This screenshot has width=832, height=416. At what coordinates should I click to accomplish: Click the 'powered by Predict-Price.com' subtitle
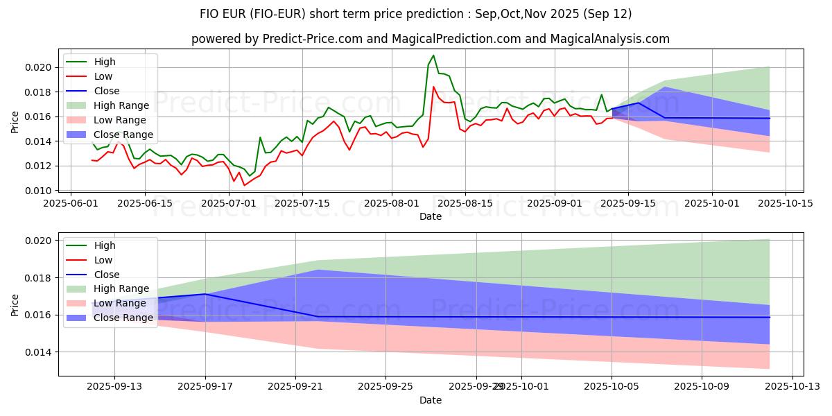[x=431, y=40]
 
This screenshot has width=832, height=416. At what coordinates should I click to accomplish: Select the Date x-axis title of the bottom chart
[x=431, y=401]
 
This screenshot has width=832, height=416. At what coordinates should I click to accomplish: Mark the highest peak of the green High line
[x=433, y=55]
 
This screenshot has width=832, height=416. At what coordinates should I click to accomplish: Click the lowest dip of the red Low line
[x=244, y=185]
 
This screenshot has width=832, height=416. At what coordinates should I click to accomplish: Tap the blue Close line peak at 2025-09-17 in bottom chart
[x=205, y=294]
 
